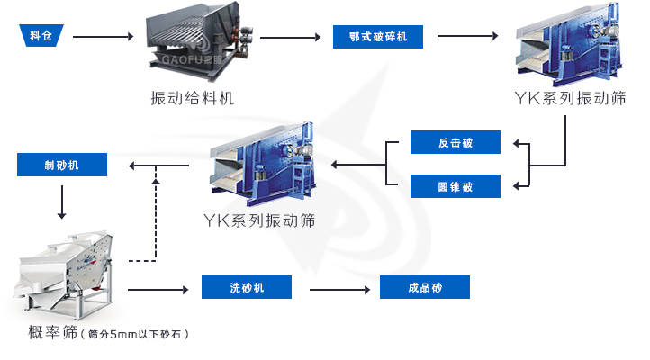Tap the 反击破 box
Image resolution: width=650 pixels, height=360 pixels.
(x=455, y=142)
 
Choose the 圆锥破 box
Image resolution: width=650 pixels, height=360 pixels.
(x=455, y=186)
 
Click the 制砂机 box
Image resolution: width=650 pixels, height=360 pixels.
(x=62, y=165)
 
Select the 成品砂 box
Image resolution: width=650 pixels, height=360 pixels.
(x=424, y=288)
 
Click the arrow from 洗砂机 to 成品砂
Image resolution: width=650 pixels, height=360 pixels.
(x=339, y=289)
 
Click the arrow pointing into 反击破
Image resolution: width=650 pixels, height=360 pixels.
(x=522, y=143)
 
